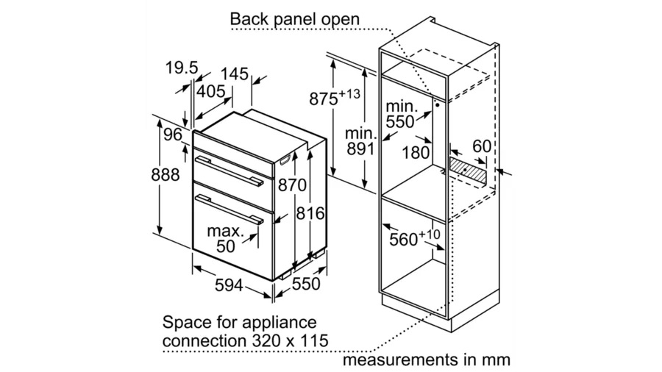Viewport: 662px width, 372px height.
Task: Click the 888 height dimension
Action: point(166,175)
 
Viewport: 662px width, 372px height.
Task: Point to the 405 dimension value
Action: point(210,91)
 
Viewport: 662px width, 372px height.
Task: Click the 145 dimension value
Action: point(234,74)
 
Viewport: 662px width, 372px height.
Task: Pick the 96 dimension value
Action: point(172,135)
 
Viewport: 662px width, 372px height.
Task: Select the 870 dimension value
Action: point(292,186)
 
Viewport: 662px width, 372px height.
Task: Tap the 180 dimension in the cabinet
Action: point(417,152)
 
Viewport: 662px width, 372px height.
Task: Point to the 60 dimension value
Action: point(482,147)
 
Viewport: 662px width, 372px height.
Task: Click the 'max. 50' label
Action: point(224,239)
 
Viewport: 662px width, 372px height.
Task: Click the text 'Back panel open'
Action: point(295,18)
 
